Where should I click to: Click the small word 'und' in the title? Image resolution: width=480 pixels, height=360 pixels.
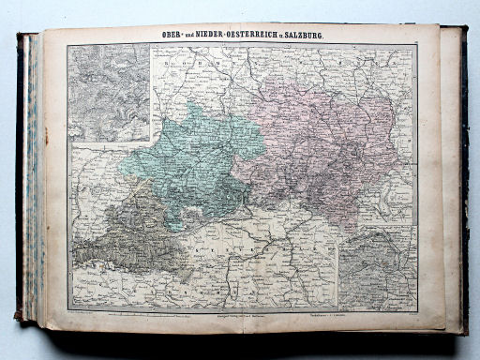[183, 37]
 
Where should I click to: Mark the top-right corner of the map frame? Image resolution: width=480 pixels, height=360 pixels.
[417, 44]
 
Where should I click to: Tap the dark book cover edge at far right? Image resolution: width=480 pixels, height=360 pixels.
[463, 178]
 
